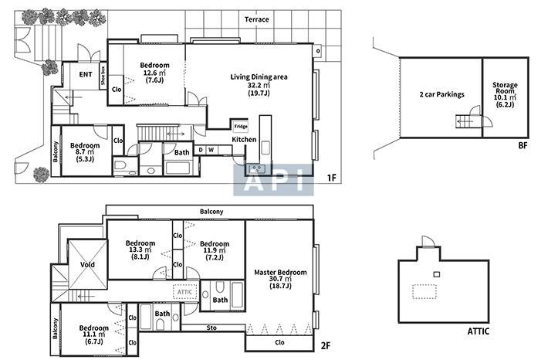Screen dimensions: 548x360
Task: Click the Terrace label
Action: [256, 19]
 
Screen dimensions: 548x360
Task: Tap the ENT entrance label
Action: [86, 74]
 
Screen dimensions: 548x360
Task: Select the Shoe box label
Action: [103, 76]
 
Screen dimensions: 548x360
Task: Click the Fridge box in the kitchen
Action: [241, 126]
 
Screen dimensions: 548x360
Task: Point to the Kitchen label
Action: [244, 139]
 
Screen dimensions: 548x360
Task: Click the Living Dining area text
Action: [259, 77]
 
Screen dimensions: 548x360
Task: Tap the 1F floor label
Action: [331, 178]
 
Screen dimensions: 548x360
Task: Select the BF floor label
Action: [523, 145]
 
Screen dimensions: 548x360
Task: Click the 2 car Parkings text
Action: [441, 94]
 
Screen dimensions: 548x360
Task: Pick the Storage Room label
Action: [505, 87]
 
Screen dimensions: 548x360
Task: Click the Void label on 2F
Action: [87, 264]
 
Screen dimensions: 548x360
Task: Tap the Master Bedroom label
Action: [280, 272]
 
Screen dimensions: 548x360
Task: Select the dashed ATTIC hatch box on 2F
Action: [185, 292]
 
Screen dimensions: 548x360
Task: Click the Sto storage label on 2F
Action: [211, 328]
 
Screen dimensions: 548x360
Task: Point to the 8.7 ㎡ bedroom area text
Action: [85, 152]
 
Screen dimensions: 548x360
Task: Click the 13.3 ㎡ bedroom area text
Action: [140, 250]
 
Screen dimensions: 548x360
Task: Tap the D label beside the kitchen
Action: [201, 150]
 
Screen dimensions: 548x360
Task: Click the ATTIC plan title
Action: [478, 331]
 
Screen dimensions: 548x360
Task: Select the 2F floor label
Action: [326, 346]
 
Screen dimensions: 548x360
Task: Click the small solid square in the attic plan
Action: [437, 274]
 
